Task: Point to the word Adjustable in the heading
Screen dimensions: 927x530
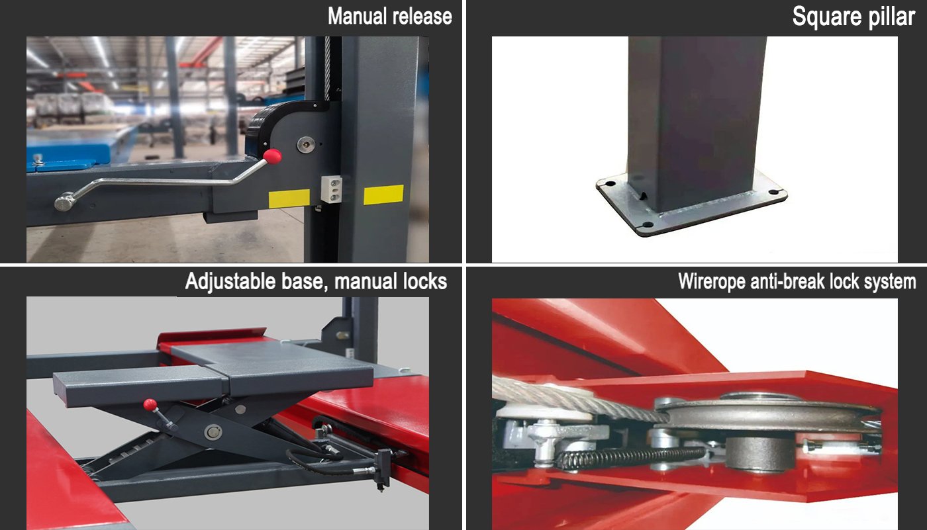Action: pos(231,282)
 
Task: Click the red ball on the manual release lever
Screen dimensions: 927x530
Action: pos(273,157)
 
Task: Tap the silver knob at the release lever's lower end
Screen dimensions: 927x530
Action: pos(65,202)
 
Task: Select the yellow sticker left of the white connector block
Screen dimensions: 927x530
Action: pos(289,199)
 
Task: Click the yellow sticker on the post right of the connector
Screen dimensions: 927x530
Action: pos(383,195)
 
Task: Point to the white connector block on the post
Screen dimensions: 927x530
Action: pos(332,189)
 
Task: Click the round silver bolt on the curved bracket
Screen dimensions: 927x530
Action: pos(306,145)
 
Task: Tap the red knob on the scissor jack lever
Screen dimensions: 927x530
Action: pos(150,405)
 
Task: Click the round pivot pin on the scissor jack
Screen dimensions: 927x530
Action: pos(213,432)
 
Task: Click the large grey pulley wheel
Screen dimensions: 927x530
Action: pos(769,414)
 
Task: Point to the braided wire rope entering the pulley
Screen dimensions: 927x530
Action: pos(579,398)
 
